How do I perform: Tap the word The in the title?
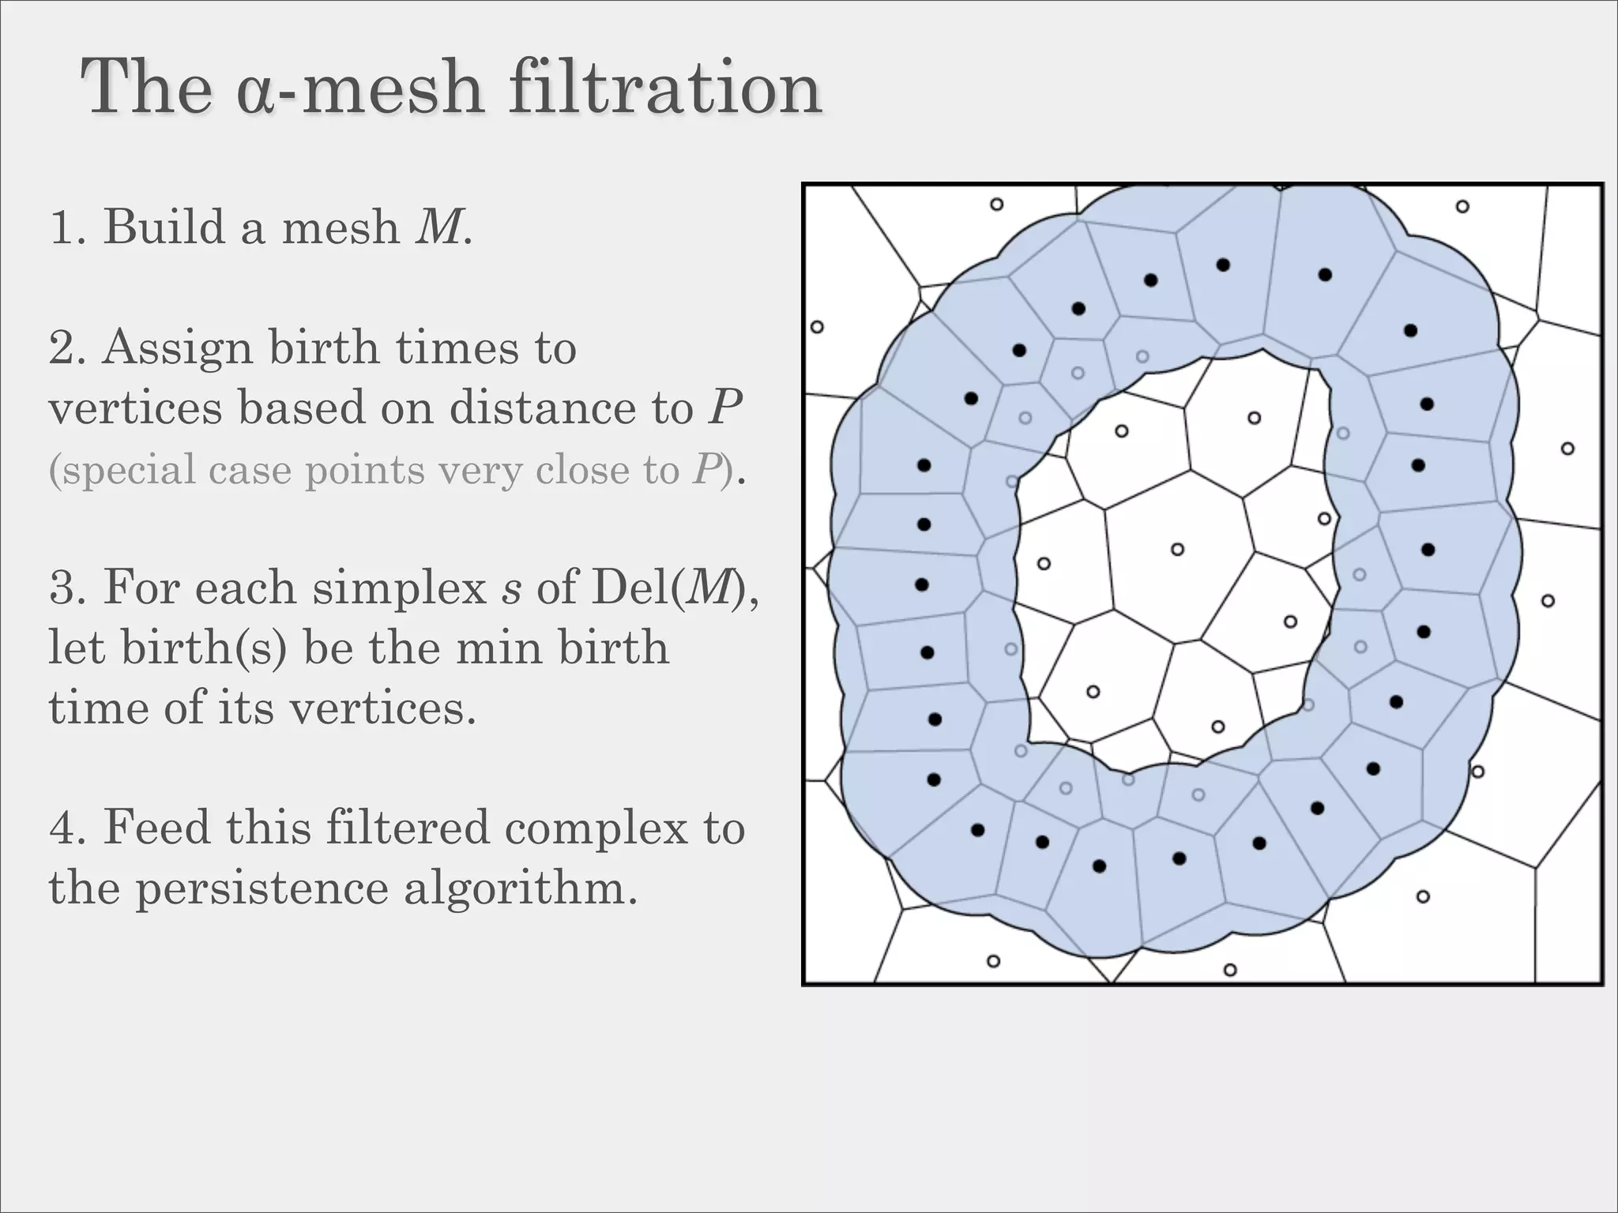click(146, 88)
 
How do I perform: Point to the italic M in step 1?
click(438, 227)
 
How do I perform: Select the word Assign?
click(175, 349)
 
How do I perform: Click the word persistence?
click(262, 888)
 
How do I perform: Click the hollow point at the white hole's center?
click(1177, 549)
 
